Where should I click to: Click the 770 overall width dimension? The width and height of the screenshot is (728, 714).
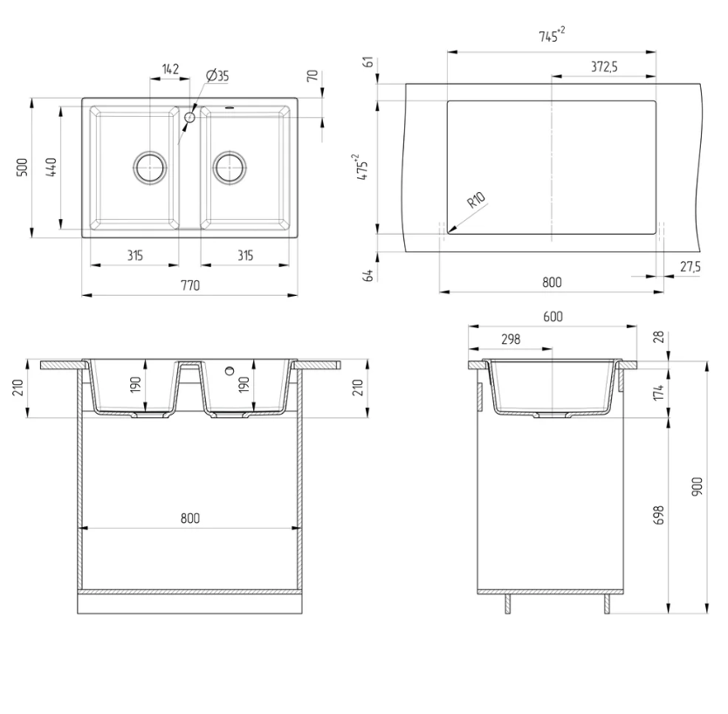coord(190,285)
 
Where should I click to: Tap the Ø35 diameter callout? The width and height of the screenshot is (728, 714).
coord(217,76)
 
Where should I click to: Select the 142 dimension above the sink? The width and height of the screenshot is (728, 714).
coord(170,69)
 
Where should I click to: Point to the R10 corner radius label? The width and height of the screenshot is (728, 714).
coord(476,202)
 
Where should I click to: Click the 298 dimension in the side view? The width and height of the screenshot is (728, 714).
coord(511,339)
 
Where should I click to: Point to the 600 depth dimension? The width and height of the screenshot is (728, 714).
coord(552,316)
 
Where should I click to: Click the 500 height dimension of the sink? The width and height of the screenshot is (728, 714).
coord(24,167)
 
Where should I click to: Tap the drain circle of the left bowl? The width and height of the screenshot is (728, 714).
coord(149,166)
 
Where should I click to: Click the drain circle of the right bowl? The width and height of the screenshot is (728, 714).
coord(230,166)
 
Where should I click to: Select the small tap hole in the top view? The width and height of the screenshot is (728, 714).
coord(189,116)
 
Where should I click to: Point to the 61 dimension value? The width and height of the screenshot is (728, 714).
coord(369,61)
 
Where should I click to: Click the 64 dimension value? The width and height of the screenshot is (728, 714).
coord(369,275)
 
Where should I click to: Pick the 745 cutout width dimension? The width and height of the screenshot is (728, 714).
coord(551,35)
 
